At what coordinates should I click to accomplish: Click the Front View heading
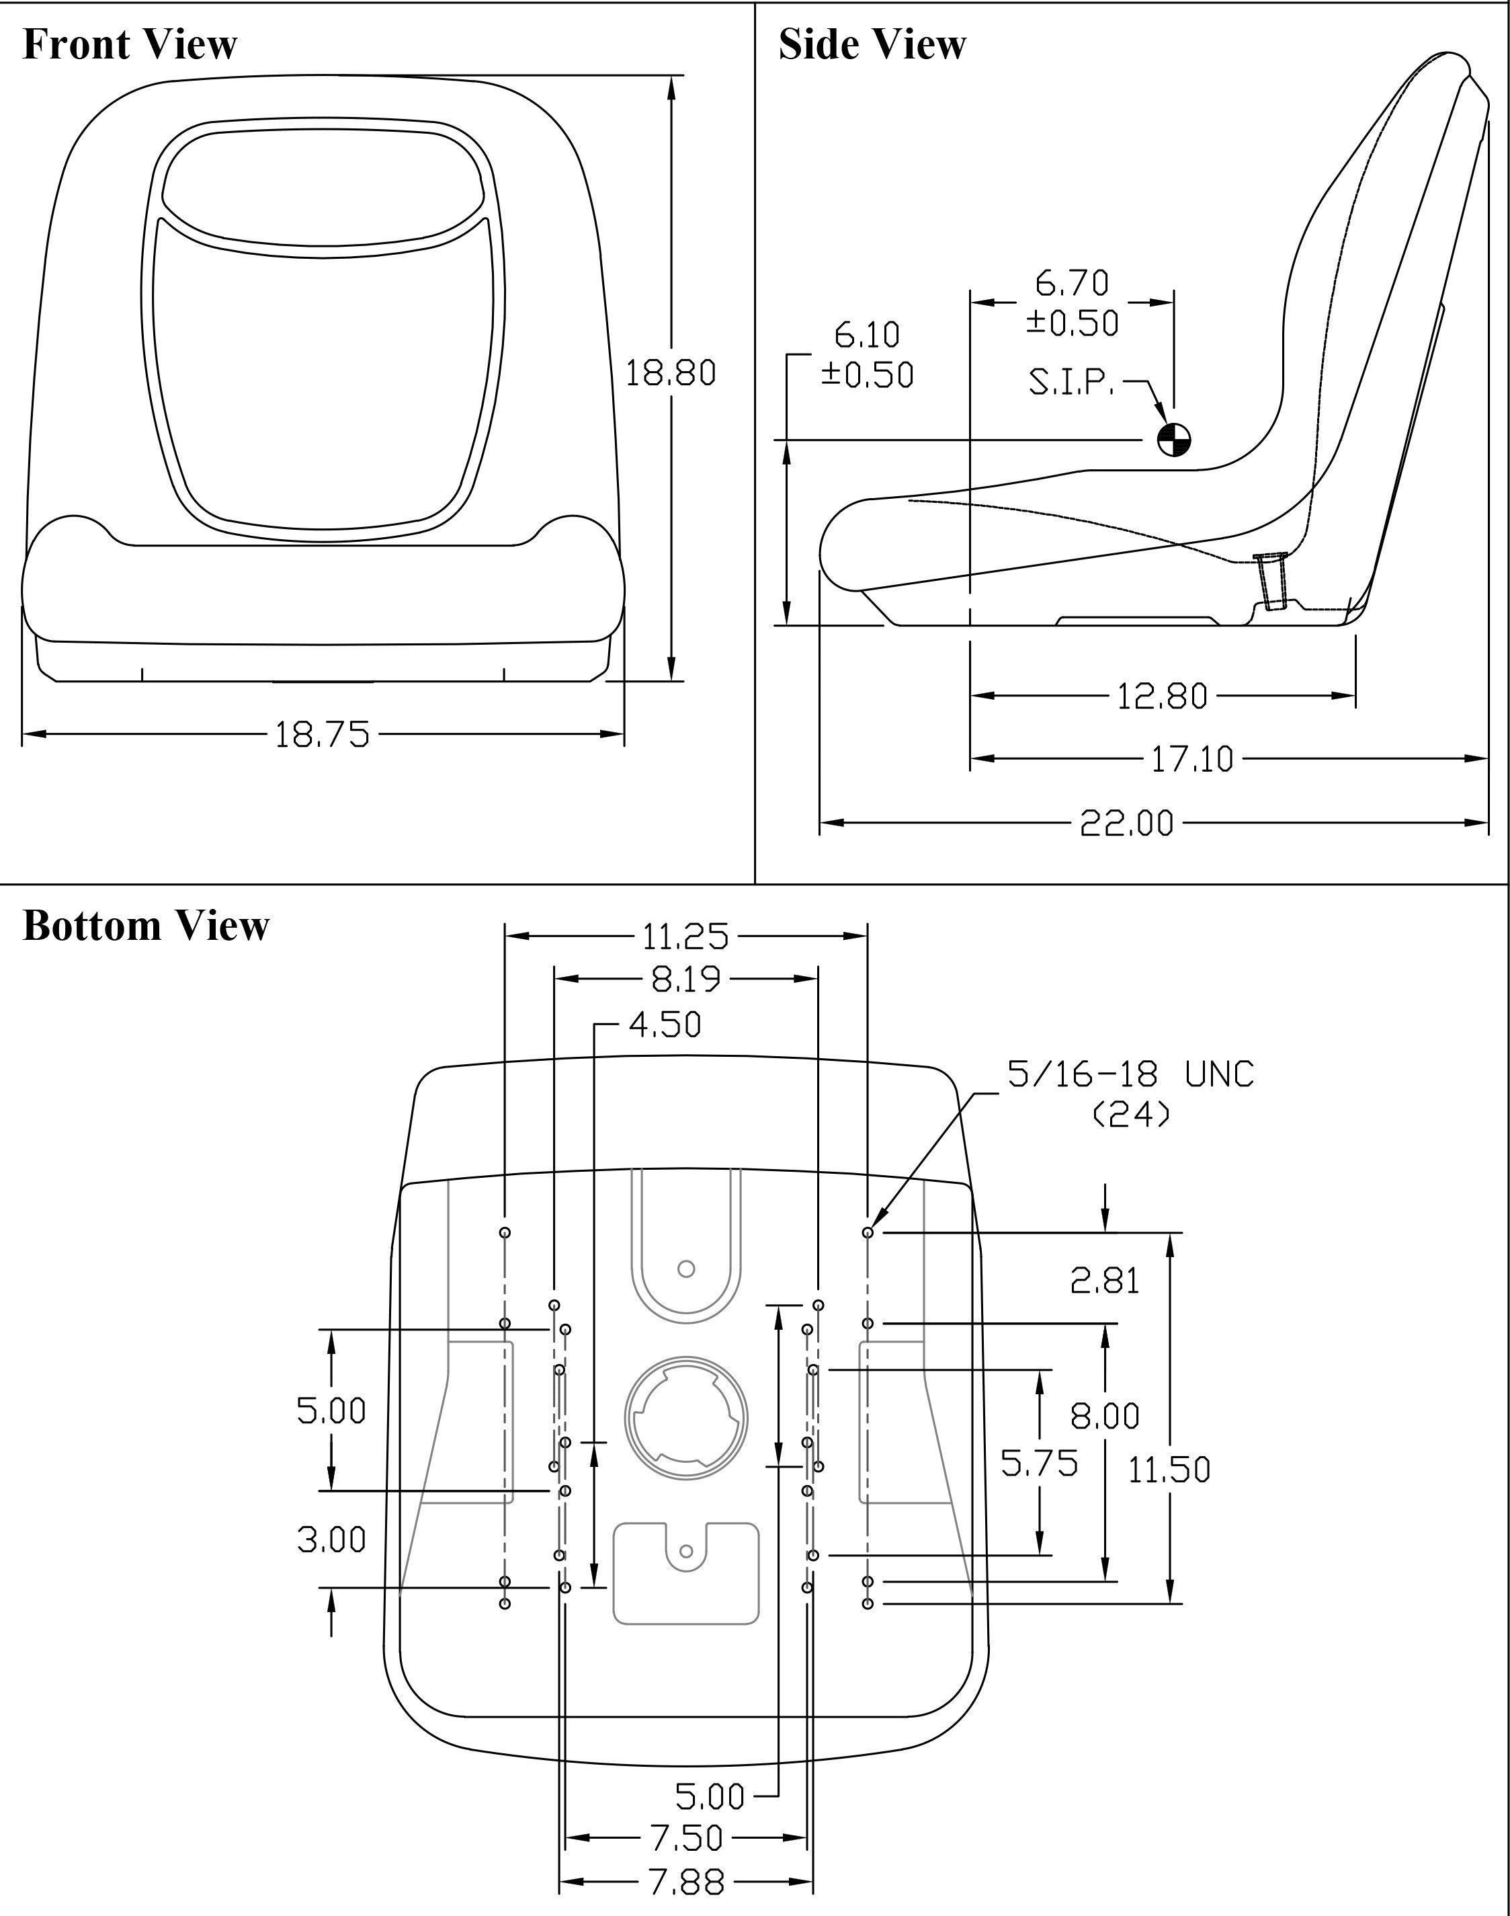pos(129,44)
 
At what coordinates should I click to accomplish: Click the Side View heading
pos(872,44)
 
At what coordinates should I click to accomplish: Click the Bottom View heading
pos(145,926)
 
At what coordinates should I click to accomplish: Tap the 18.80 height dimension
pos(670,373)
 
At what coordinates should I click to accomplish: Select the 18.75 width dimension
pos(322,734)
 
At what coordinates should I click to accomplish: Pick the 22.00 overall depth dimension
pos(1126,824)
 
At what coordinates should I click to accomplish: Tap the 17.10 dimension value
pos(1191,759)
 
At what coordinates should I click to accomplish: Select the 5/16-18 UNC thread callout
pos(1131,1075)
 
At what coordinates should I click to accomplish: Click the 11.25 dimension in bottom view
pos(685,936)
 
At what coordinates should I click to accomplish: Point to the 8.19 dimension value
pos(685,980)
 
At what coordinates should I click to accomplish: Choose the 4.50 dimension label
pos(665,1025)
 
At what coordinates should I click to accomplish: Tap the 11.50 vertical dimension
pos(1169,1470)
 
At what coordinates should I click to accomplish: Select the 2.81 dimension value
pos(1104,1281)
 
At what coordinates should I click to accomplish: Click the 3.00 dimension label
pos(331,1540)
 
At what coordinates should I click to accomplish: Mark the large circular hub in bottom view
pos(686,1417)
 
